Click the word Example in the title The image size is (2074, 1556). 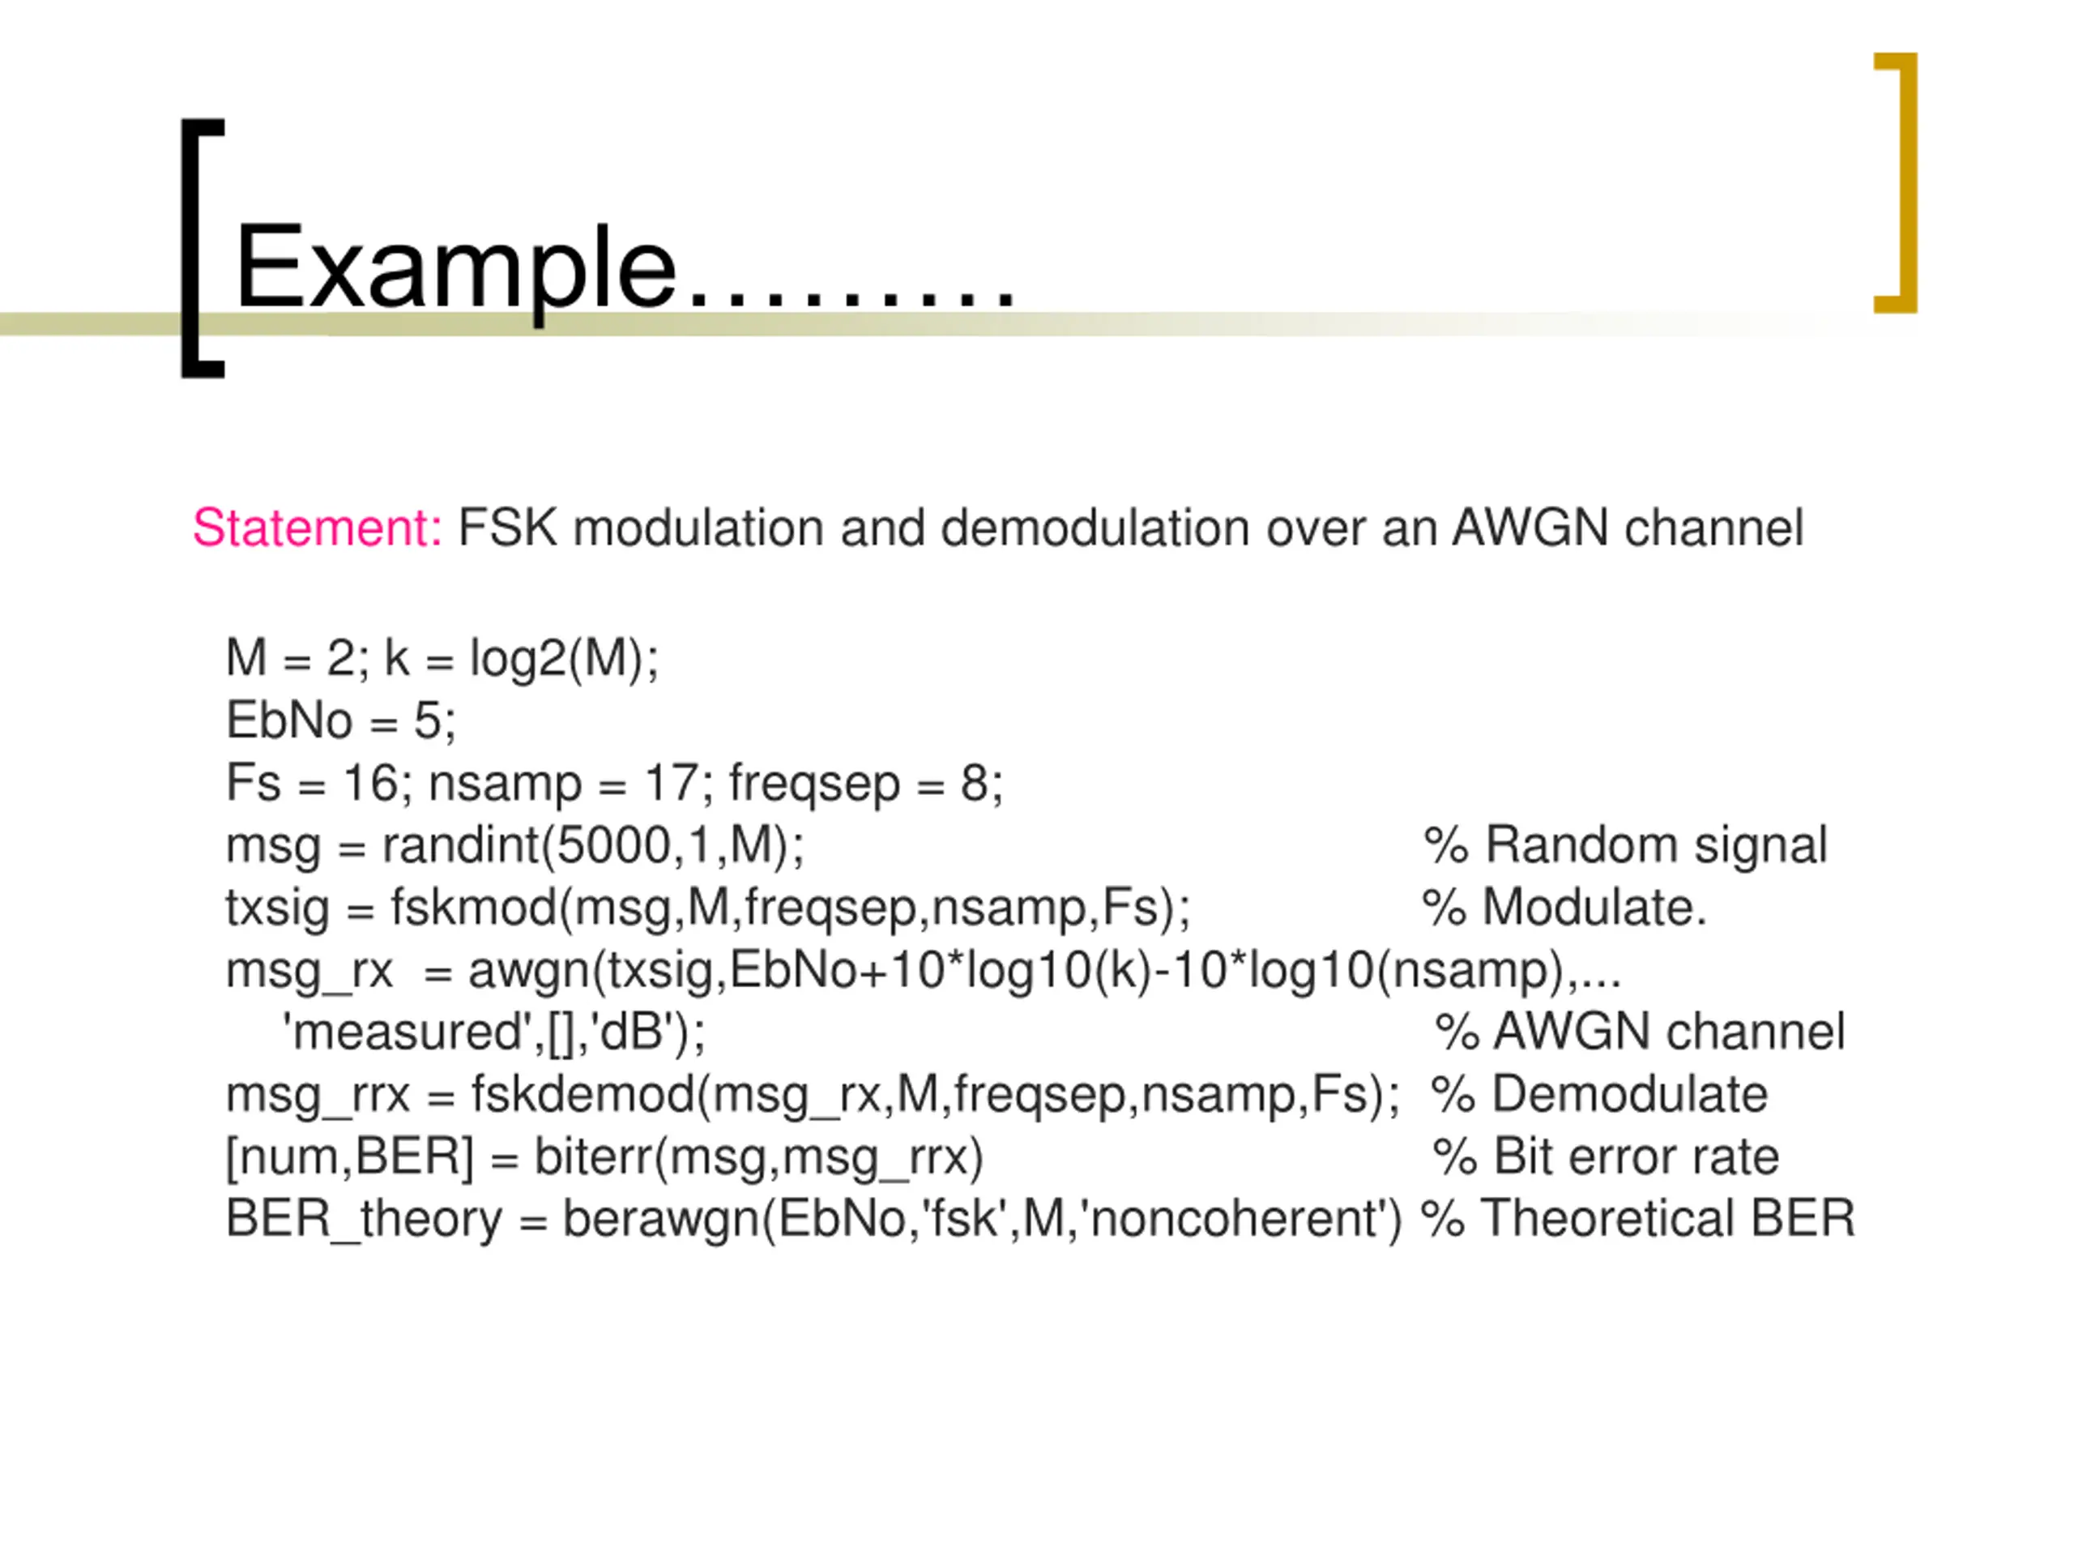tap(455, 269)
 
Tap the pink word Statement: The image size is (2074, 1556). tap(317, 528)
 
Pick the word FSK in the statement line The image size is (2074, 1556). tap(506, 528)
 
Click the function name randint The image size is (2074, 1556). tap(460, 845)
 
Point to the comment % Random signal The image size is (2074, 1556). tap(1625, 845)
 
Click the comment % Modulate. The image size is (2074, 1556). tap(1564, 908)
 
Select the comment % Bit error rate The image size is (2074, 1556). tap(1605, 1156)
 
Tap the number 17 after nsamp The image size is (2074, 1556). tap(670, 783)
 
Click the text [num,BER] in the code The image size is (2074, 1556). tap(349, 1156)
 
